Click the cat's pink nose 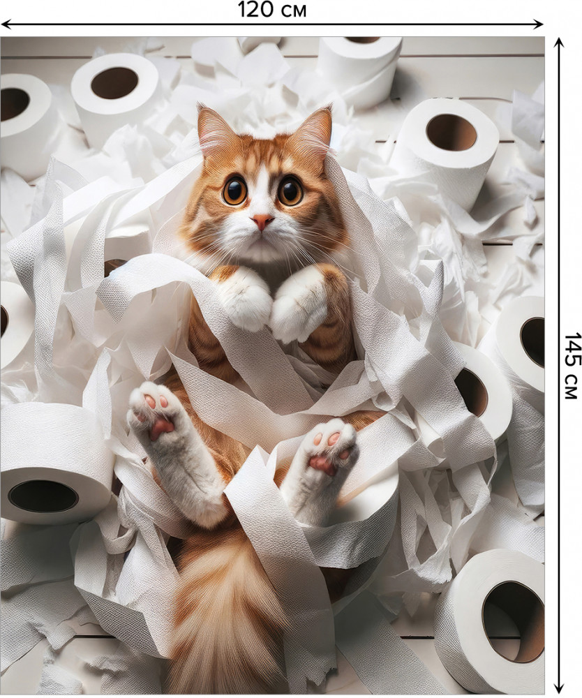pyautogui.click(x=262, y=220)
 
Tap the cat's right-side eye pyautogui.click(x=291, y=190)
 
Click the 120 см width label pyautogui.click(x=272, y=10)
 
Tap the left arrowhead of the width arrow pyautogui.click(x=6, y=24)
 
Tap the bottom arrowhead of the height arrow pyautogui.click(x=559, y=691)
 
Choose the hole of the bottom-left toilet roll pyautogui.click(x=43, y=496)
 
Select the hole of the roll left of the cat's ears pyautogui.click(x=114, y=83)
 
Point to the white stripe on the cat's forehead pyautogui.click(x=263, y=178)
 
